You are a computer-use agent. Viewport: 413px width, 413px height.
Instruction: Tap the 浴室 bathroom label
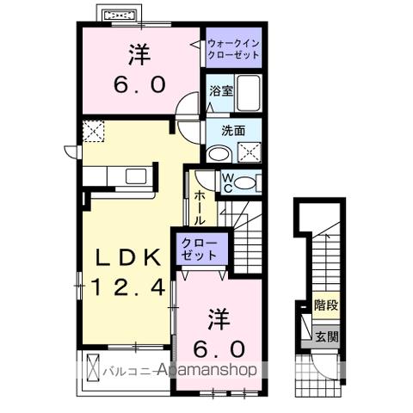(x=218, y=89)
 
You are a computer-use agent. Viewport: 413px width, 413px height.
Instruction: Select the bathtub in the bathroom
(x=248, y=94)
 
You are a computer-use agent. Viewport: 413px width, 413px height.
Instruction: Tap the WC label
(x=227, y=182)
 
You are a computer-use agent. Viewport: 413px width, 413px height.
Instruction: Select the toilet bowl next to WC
(x=246, y=182)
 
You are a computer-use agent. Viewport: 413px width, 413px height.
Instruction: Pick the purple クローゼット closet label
(x=199, y=250)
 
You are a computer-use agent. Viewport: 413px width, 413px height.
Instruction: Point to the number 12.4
(x=127, y=288)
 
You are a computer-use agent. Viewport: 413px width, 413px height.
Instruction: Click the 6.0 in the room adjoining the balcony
(x=217, y=349)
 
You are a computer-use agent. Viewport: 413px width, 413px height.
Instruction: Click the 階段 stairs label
(x=325, y=304)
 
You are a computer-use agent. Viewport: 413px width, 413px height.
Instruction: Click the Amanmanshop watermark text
(x=206, y=372)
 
